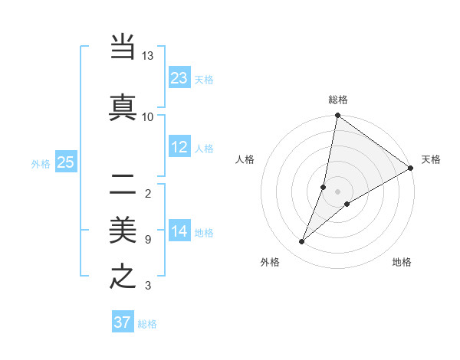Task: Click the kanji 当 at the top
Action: tap(123, 47)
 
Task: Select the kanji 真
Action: tap(123, 106)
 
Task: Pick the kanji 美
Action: tap(123, 230)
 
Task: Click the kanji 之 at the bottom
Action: tap(123, 277)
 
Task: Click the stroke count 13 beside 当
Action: tap(148, 56)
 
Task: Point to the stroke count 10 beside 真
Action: tap(148, 116)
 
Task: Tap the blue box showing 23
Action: tap(179, 78)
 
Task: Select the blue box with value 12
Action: tap(179, 147)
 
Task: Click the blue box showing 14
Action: tap(179, 232)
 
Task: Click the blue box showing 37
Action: tap(123, 322)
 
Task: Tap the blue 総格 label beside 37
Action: tap(147, 324)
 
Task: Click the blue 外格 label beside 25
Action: tap(41, 163)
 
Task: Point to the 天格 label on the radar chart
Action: tap(431, 159)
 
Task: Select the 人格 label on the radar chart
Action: tap(245, 159)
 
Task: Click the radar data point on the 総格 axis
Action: tap(337, 116)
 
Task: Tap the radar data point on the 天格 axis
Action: tap(411, 168)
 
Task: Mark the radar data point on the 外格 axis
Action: tap(302, 242)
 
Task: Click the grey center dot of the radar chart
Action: tap(337, 191)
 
